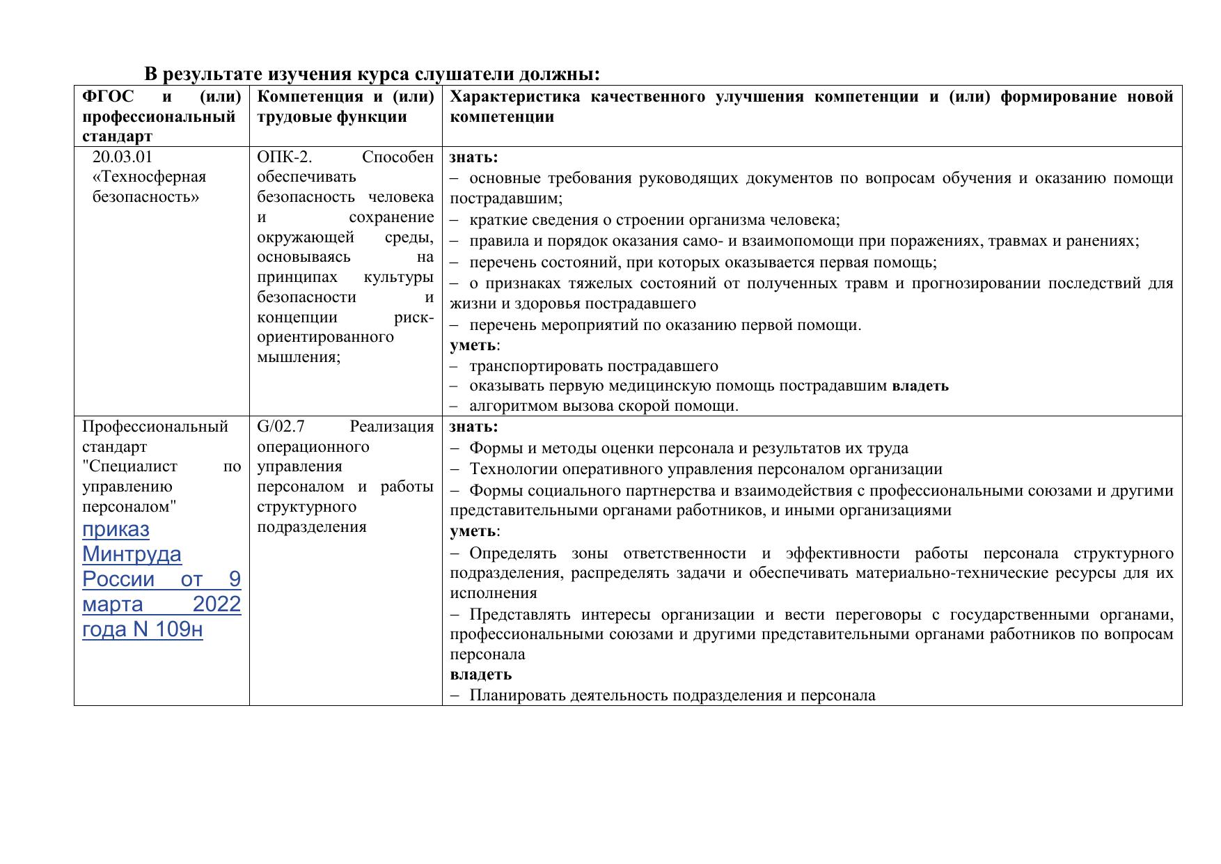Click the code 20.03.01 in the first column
tap(122, 157)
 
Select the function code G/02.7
tap(281, 427)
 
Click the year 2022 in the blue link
tap(216, 604)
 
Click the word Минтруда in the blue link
tap(132, 554)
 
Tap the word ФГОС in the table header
tap(108, 97)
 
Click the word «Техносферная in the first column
tap(149, 177)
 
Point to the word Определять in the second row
tap(512, 553)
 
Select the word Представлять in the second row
tap(519, 615)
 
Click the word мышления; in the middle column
tap(299, 357)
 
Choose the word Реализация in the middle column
tap(391, 427)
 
